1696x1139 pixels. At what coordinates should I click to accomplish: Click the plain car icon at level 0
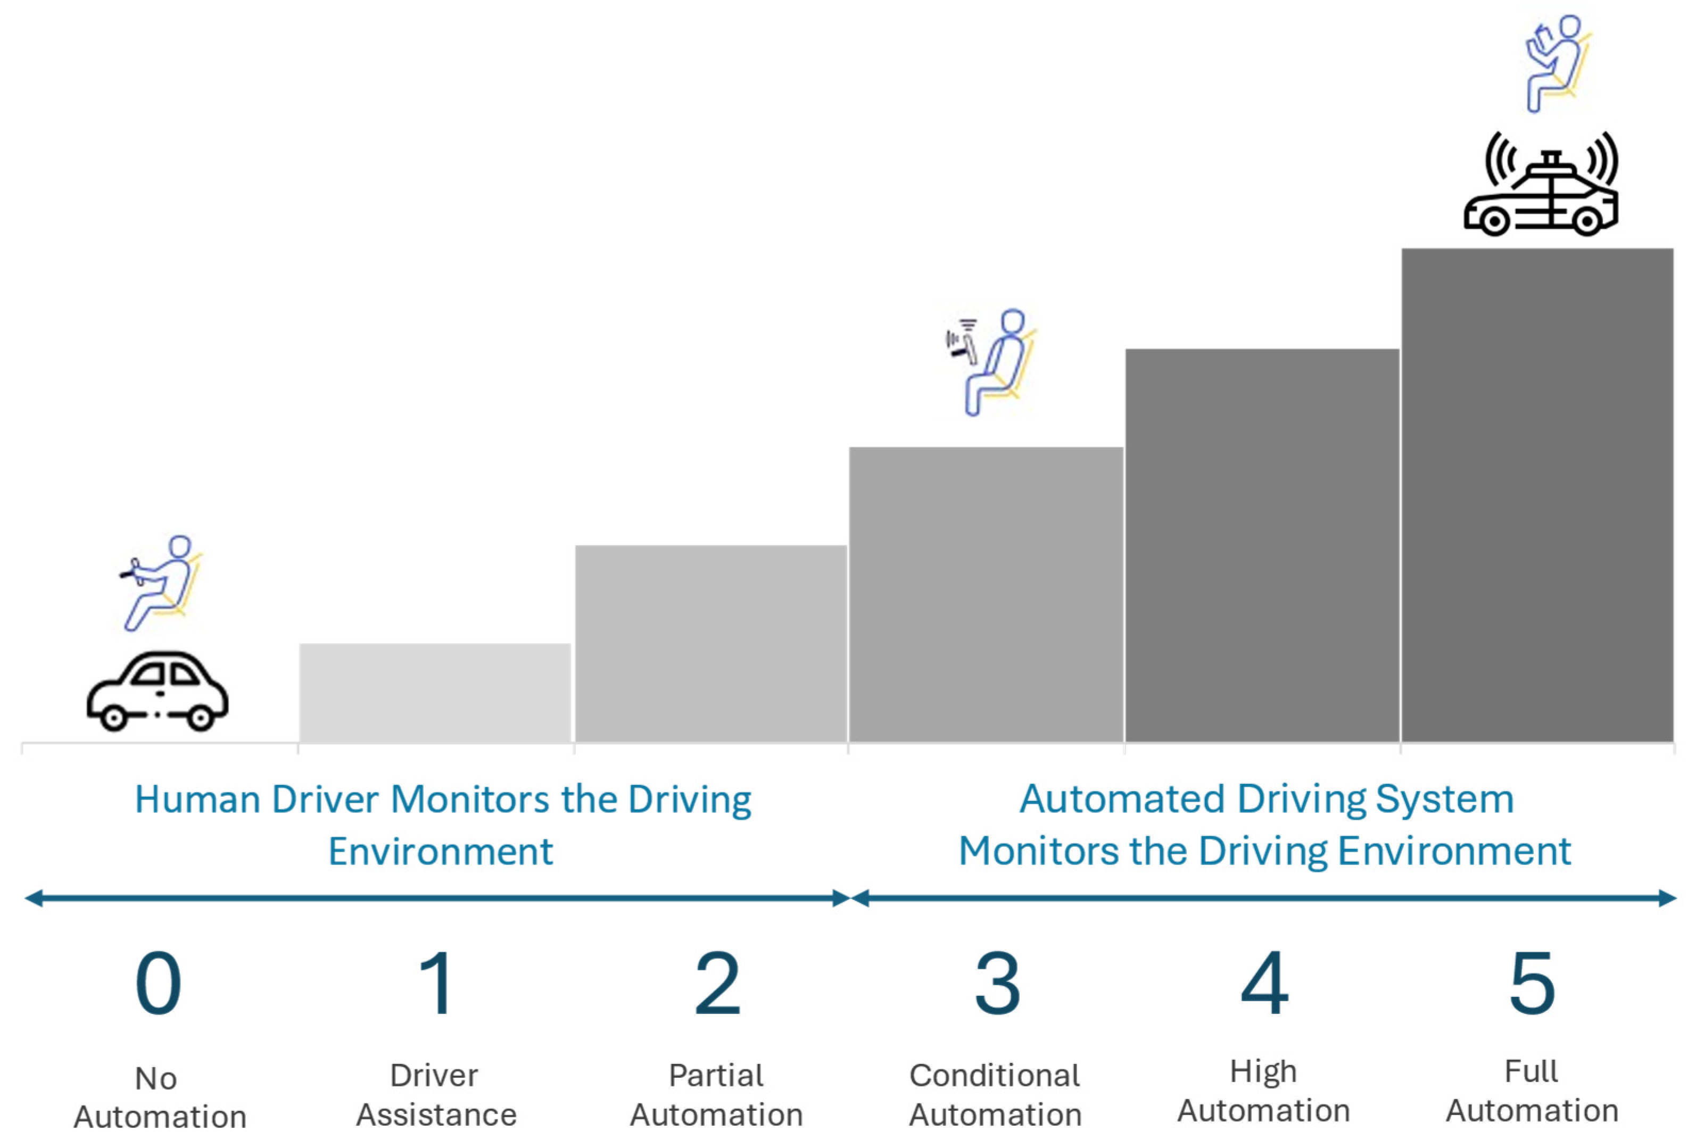click(158, 691)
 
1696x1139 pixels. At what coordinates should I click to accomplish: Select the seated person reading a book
click(1556, 63)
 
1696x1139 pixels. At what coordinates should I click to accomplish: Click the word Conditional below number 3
click(995, 1076)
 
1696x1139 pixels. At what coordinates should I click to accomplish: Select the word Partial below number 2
click(716, 1076)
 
